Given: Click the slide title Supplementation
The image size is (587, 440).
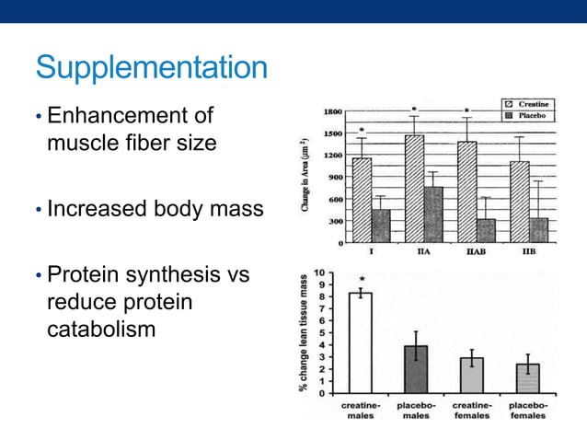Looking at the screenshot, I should point(151,68).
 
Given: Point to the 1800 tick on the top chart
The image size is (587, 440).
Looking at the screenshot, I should point(331,111).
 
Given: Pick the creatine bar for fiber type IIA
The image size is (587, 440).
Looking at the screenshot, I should point(414,189).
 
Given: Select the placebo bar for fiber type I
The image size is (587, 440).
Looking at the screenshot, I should point(379,226).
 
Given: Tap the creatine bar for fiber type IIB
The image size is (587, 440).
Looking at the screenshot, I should point(520,203).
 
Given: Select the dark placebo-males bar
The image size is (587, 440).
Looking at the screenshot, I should point(416,369).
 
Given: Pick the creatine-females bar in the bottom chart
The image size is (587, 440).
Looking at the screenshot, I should point(472,375).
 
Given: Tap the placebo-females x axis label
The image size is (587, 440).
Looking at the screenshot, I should point(527,410).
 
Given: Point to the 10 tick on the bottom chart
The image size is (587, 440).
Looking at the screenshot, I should point(317,273).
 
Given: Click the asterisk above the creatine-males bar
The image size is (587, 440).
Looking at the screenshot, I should point(363,279).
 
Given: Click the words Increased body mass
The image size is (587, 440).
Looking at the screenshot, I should point(155,209).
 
